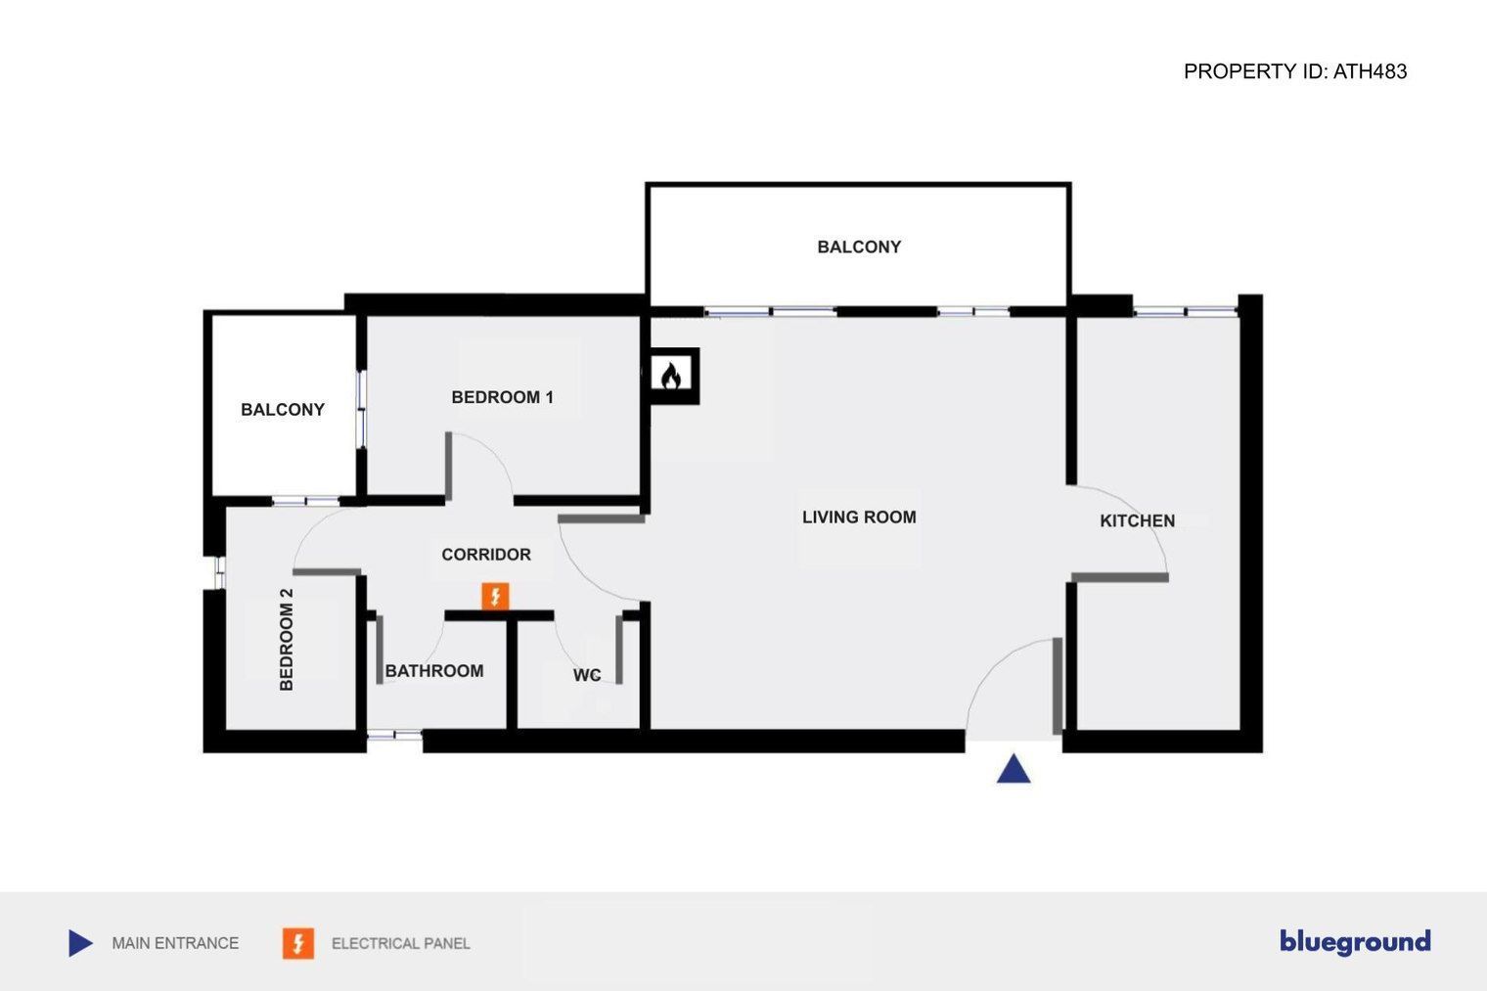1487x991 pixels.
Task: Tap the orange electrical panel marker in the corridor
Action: point(495,596)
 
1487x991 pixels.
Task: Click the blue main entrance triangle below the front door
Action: point(1014,769)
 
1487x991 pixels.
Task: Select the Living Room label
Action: point(859,518)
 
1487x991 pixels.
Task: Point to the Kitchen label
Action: point(1137,521)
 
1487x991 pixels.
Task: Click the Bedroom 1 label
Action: point(503,397)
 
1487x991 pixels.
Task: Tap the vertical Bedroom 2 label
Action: point(286,640)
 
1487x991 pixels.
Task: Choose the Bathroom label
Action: point(434,671)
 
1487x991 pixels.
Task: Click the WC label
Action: point(587,675)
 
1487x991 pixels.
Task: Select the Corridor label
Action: point(486,555)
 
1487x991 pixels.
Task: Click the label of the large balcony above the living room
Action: point(859,247)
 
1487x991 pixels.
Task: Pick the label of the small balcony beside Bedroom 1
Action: point(282,410)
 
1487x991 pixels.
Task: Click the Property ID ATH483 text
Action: point(1295,71)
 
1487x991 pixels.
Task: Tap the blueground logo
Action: point(1355,942)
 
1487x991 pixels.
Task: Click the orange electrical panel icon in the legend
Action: point(298,943)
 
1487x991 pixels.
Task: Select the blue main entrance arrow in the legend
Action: point(80,943)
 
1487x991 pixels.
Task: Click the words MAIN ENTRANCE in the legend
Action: point(175,943)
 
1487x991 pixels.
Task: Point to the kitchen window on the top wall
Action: point(1185,311)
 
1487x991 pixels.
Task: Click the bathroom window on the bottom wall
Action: point(394,735)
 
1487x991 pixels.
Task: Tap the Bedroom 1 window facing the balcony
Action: point(362,408)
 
